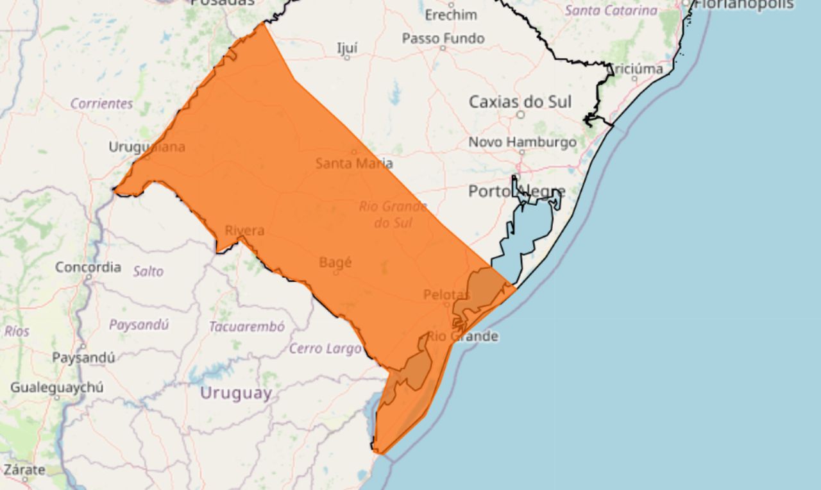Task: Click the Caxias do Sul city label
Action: [520, 101]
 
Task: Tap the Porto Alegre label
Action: [516, 191]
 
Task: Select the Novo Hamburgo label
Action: [522, 142]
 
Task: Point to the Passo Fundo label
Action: [443, 38]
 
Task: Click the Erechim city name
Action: [451, 14]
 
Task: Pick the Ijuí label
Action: [347, 47]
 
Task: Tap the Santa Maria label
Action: [354, 163]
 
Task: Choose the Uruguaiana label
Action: [147, 147]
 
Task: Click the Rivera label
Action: [244, 230]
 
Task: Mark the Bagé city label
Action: [335, 262]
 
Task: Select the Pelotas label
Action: [446, 294]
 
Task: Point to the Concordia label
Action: [88, 267]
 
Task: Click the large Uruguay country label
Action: [235, 393]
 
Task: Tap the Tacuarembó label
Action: [246, 326]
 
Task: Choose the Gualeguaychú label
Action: [56, 387]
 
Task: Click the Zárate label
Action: [24, 469]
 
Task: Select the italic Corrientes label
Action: [101, 103]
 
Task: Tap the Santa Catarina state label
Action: [611, 10]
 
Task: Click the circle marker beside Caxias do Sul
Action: [521, 115]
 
